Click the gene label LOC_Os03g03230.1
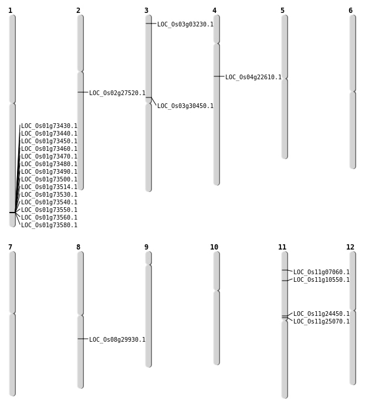185,25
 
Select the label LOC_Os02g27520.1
117,93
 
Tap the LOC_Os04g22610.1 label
253,77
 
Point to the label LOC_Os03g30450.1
185,106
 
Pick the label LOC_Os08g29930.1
117,340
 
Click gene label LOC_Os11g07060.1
322,272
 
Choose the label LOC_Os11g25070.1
322,321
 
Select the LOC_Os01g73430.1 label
49,126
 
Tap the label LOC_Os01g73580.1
49,225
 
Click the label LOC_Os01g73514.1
49,187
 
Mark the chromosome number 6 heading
350,11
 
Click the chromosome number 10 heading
214,247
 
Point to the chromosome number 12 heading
350,247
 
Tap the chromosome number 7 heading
10,247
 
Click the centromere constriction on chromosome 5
285,78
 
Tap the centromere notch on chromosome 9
148,264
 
